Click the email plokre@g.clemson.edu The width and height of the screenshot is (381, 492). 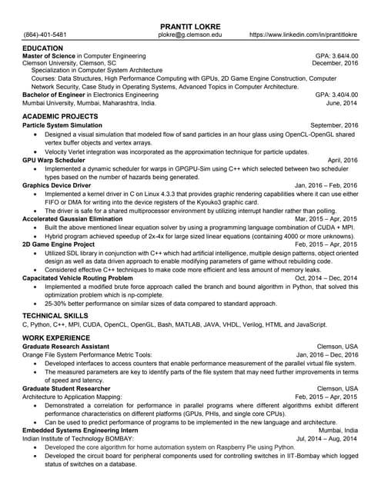click(190, 35)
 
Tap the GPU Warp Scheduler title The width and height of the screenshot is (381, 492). click(54, 160)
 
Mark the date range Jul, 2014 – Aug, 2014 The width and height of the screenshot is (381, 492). click(329, 438)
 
